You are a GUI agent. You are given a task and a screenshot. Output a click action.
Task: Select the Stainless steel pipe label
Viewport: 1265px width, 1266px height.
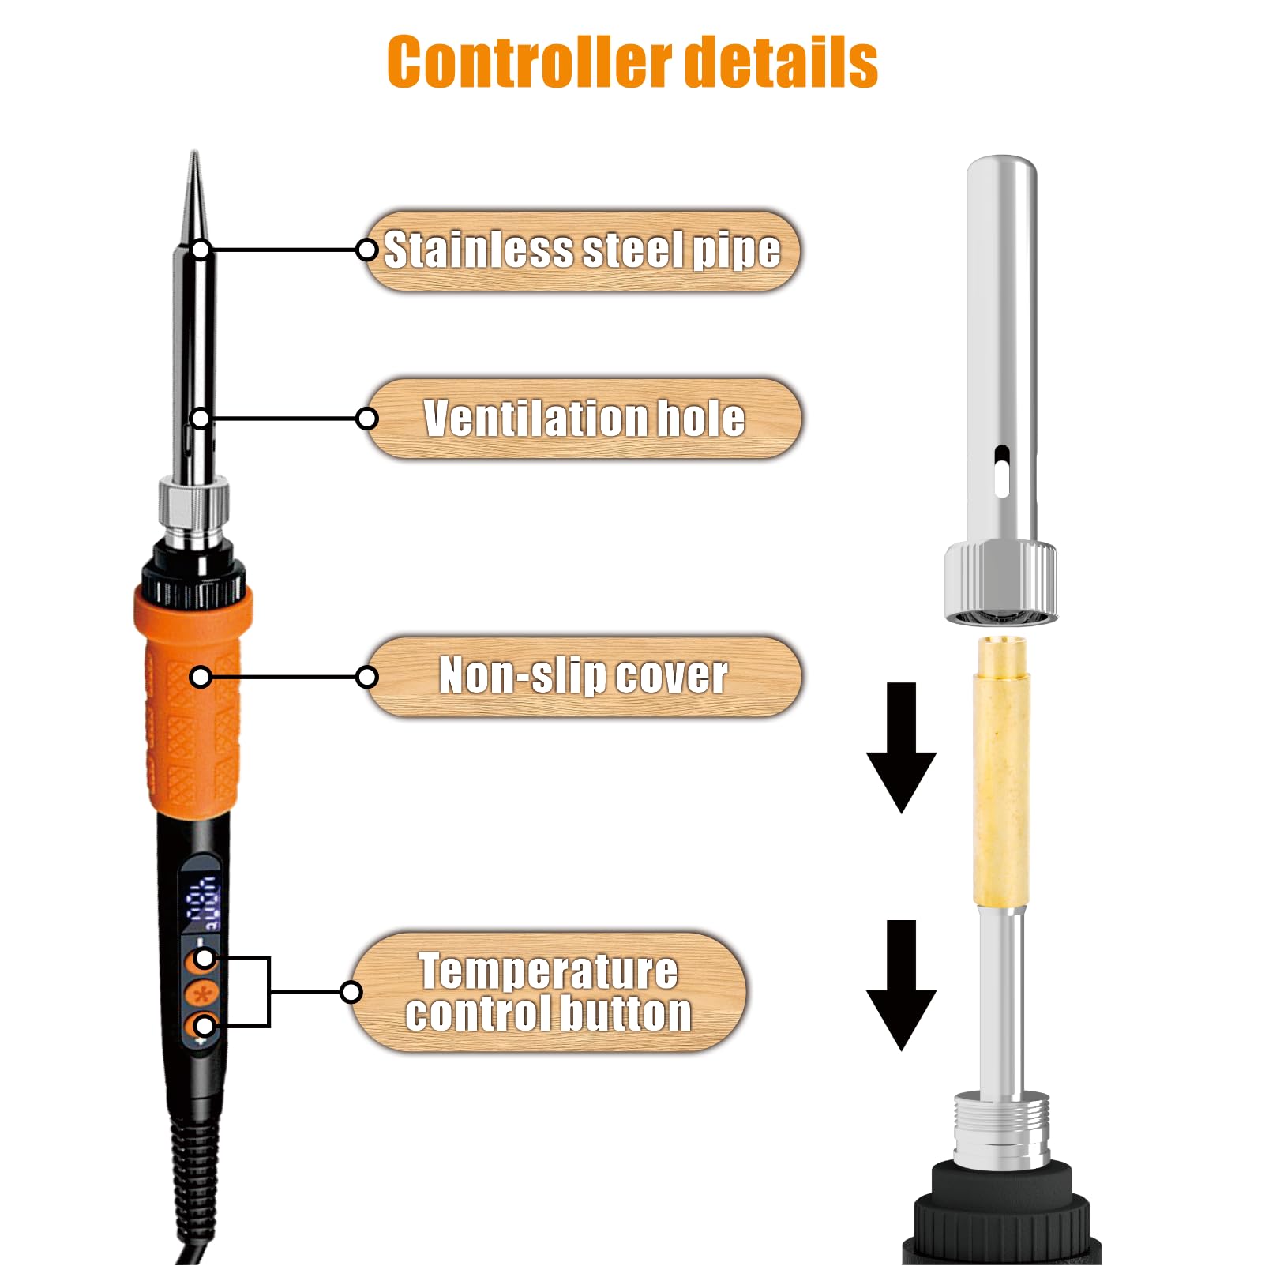point(583,250)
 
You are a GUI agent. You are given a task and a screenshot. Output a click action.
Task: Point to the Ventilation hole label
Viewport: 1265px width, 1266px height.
point(584,419)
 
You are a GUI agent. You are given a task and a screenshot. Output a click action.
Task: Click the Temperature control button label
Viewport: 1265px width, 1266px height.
point(549,992)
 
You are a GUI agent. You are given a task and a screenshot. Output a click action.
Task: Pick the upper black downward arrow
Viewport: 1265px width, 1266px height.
point(901,747)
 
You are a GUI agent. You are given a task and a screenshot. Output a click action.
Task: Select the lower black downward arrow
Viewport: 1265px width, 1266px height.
point(901,985)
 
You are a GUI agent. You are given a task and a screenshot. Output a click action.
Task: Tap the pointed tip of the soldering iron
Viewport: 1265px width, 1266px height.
point(194,152)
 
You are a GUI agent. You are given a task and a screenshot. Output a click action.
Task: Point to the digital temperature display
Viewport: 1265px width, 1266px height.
point(201,900)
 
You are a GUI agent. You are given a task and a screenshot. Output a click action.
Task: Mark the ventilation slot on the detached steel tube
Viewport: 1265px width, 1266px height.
point(1001,471)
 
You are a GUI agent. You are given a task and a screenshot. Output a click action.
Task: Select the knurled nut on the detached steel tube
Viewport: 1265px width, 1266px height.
point(1001,583)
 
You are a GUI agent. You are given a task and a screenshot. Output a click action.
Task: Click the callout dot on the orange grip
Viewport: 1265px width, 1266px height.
point(201,677)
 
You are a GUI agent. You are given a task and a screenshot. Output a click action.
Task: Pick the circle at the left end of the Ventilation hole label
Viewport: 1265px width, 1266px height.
point(367,419)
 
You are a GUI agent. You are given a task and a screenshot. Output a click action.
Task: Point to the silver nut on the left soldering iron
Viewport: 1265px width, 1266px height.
point(193,505)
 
